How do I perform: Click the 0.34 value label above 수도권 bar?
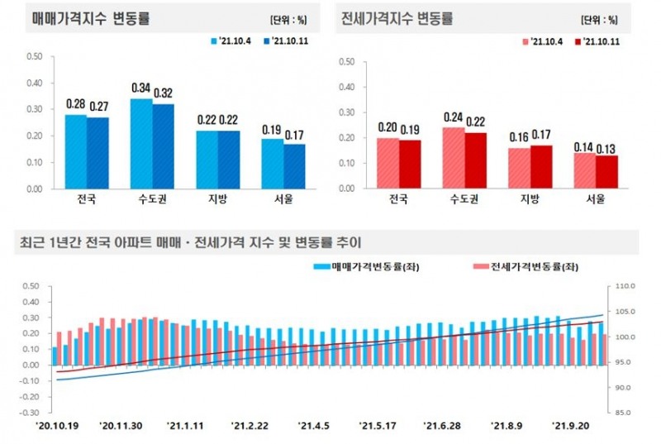tap(141, 88)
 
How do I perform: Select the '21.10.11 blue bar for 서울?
tap(294, 166)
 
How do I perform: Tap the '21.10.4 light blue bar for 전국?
tap(76, 151)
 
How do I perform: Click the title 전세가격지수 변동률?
tap(397, 17)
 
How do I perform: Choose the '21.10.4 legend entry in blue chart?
tap(234, 40)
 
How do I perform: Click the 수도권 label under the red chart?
tap(463, 199)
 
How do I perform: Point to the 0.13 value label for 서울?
tap(606, 148)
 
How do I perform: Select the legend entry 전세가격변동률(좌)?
tap(521, 266)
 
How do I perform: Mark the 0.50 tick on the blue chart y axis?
tap(33, 56)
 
